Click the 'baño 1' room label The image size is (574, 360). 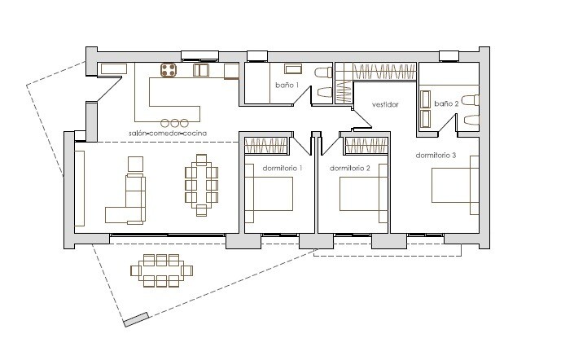tap(287, 86)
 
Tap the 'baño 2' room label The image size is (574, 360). tap(446, 103)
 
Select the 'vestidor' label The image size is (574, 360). tap(385, 105)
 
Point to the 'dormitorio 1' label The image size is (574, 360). tap(283, 169)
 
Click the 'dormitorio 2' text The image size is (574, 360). tap(349, 169)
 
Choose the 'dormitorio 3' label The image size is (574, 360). tap(436, 156)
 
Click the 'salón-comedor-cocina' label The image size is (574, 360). tap(168, 134)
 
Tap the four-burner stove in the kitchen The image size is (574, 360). tap(169, 70)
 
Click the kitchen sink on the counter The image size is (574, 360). tap(201, 70)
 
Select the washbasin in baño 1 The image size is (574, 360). tap(293, 69)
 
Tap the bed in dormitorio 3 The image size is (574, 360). tap(455, 185)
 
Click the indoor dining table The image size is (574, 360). tap(201, 185)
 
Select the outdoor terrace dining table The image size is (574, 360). tap(161, 270)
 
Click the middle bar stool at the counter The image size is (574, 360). tap(174, 123)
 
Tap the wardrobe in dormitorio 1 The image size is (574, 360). tap(266, 146)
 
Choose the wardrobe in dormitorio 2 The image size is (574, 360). tap(366, 146)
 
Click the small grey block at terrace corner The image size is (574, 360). tap(136, 319)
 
